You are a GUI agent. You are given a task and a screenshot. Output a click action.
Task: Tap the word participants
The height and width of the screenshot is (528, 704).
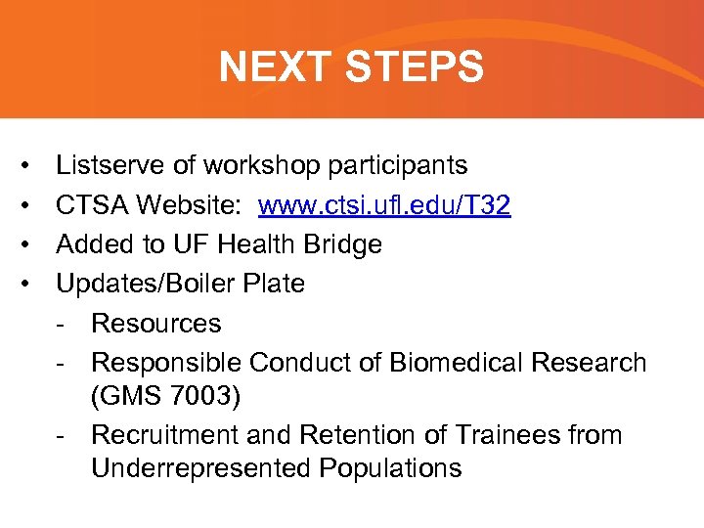pos(397,166)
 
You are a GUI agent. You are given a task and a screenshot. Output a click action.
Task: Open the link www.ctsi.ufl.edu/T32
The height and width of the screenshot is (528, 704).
pos(384,205)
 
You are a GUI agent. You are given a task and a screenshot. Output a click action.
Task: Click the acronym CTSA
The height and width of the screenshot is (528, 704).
pos(92,205)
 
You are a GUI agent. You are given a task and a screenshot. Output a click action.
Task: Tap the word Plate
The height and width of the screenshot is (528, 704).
pos(276,284)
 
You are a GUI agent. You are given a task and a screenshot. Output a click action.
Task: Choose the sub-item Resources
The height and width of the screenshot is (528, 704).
pos(155,323)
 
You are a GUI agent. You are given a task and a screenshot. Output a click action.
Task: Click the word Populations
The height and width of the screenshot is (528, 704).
pos(390,468)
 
